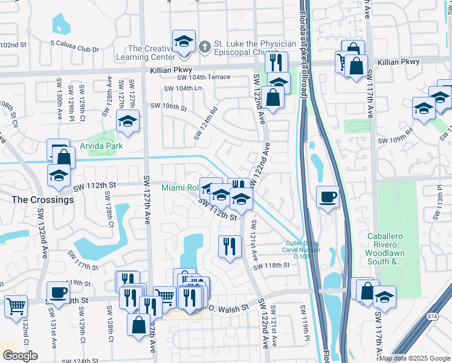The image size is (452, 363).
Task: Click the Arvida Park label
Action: click(x=102, y=146)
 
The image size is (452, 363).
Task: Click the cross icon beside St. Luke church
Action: click(x=205, y=45)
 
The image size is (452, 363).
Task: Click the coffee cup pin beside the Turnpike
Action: click(x=328, y=197)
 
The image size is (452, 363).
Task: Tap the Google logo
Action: click(x=20, y=355)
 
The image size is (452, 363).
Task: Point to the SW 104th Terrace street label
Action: click(x=204, y=77)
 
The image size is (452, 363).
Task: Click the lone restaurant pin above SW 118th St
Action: click(x=229, y=246)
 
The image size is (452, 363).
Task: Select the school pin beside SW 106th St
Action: click(x=128, y=122)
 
